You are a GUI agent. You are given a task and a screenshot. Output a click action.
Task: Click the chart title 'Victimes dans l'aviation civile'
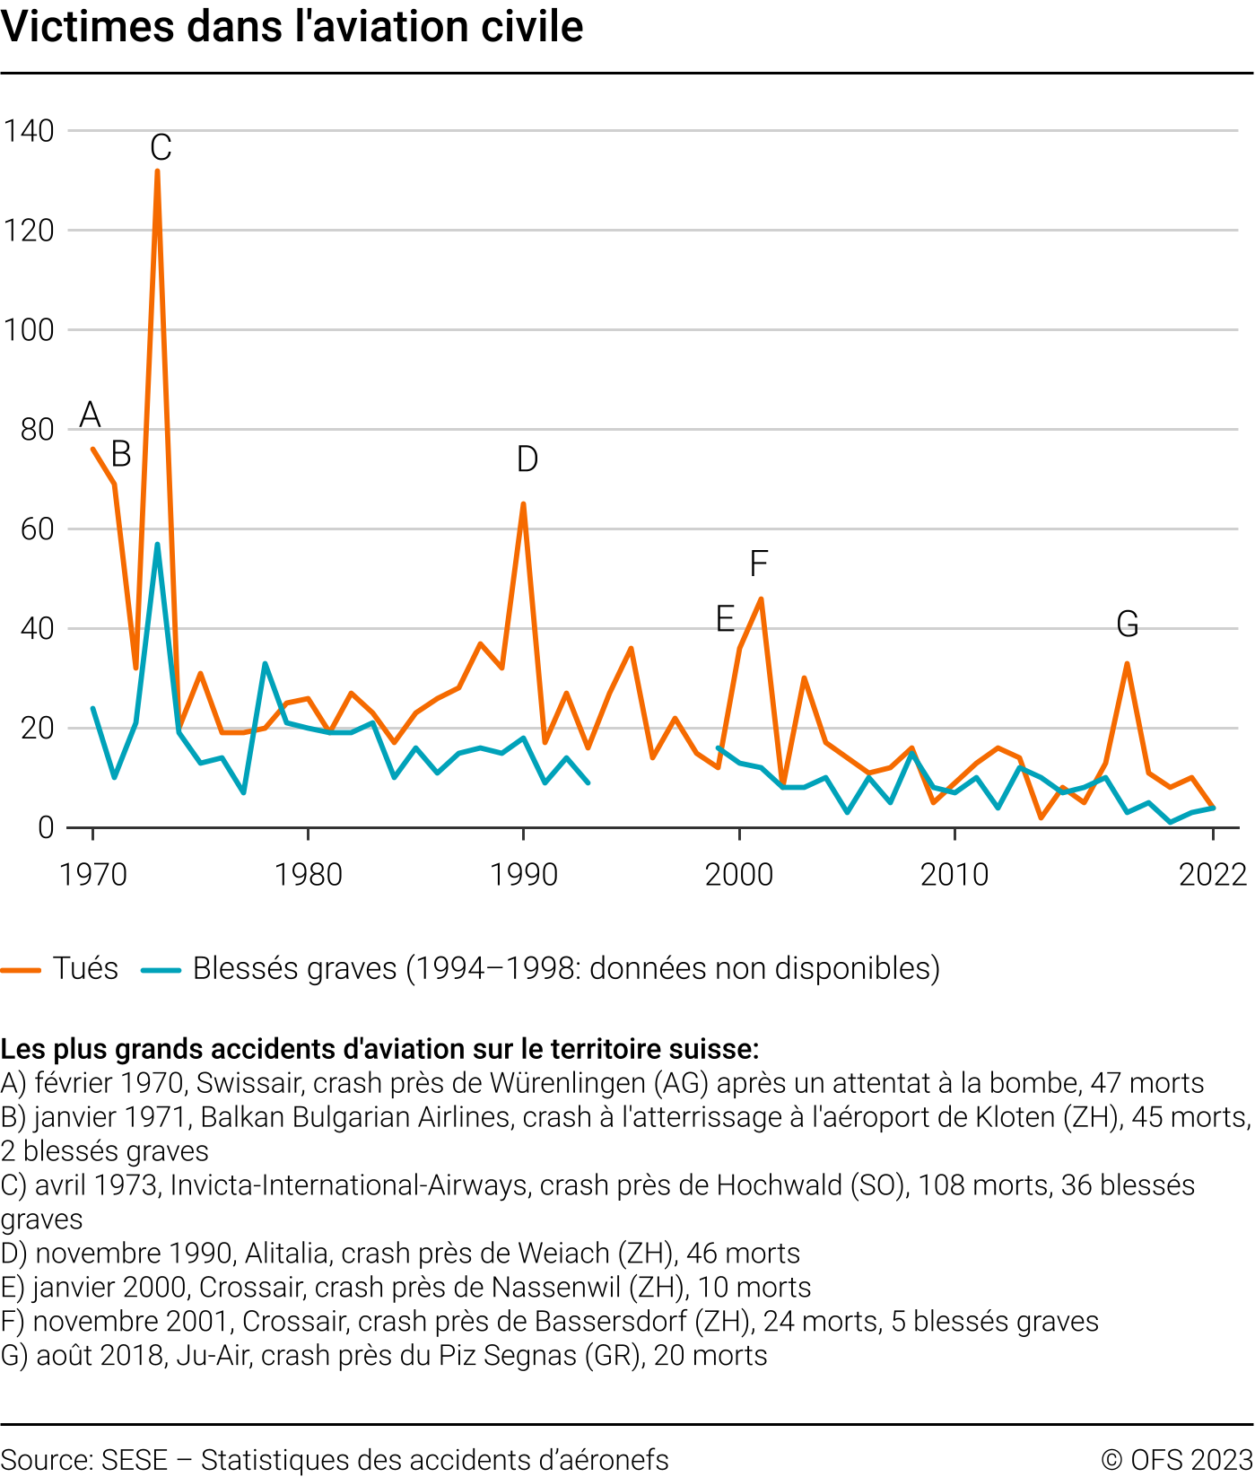tap(292, 27)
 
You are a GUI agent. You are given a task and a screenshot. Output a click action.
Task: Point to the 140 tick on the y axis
tap(29, 131)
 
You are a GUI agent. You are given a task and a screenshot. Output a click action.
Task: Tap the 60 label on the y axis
tap(38, 529)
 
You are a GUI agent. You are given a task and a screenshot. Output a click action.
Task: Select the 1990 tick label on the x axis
tap(524, 874)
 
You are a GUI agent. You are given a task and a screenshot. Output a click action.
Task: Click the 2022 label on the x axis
tap(1213, 874)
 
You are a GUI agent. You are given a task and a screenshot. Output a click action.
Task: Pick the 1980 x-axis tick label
tap(308, 874)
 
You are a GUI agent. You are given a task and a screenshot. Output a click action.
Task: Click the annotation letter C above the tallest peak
tap(161, 148)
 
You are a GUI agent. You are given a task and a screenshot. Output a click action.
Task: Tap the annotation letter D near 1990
tap(527, 459)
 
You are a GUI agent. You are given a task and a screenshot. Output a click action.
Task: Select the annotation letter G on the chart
tap(1128, 624)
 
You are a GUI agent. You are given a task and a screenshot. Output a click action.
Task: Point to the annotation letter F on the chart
tap(759, 564)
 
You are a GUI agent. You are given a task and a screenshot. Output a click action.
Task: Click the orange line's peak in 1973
tap(157, 170)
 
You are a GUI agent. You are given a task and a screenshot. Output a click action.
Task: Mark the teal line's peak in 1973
tap(157, 545)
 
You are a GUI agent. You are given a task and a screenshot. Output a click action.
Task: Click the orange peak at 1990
tap(523, 504)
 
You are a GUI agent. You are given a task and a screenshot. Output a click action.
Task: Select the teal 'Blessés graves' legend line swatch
tap(161, 969)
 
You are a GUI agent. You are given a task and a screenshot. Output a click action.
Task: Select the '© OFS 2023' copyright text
tap(1176, 1460)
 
